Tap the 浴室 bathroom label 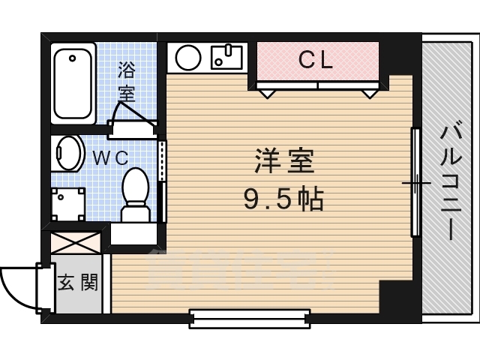pos(127,83)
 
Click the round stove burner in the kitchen pos(187,56)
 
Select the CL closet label pos(316,61)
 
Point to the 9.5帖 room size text pos(283,198)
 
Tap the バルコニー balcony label pos(449,183)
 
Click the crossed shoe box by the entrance pos(76,244)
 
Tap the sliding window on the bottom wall pos(250,319)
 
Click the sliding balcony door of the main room pos(414,182)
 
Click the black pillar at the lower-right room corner pos(395,301)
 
